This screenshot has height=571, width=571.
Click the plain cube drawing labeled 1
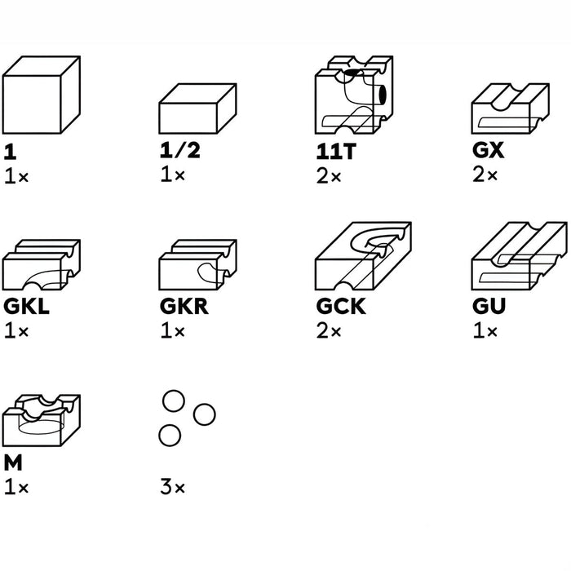coord(41,95)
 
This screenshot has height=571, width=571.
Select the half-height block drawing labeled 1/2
coord(197,108)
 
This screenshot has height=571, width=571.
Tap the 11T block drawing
coord(354,95)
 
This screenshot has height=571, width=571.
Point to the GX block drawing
coord(510,108)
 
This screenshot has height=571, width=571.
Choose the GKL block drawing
coord(41,265)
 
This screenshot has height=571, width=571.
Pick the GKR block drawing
coord(197,265)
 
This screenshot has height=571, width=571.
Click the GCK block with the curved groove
coord(363,256)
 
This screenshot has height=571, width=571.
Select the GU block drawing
coord(520,256)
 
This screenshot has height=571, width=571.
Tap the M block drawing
coord(41,420)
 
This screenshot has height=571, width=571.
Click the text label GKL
coord(26,307)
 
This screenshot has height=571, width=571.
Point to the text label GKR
coord(184,307)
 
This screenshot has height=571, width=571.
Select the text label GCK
coord(340,307)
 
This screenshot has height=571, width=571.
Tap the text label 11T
coord(336,152)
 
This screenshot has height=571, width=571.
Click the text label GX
coord(488,150)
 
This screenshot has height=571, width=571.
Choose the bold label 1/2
coord(180,150)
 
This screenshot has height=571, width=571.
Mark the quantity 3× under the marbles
coord(173,487)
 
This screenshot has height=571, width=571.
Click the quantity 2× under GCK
coord(329,330)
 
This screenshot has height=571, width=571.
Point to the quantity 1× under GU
coord(485,330)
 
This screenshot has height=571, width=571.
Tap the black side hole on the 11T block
coord(383,94)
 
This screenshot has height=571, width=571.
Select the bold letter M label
coord(13,463)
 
